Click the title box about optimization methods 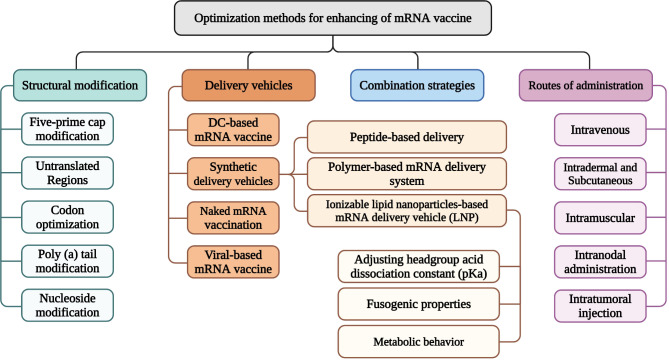(333, 18)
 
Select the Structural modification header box (80, 85)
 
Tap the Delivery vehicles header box (248, 85)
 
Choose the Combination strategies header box (417, 85)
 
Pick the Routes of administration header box (585, 85)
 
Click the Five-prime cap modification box (67, 129)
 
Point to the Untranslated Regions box (67, 173)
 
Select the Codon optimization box (67, 217)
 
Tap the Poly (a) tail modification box (67, 261)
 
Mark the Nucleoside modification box (67, 305)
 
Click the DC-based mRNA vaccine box (233, 130)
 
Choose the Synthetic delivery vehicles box (233, 174)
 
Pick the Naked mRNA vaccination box (233, 218)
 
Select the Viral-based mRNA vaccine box (233, 261)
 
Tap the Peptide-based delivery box (407, 137)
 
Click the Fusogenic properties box (419, 304)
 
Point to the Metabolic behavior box (419, 342)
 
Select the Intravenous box (600, 130)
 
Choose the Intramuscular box (600, 218)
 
